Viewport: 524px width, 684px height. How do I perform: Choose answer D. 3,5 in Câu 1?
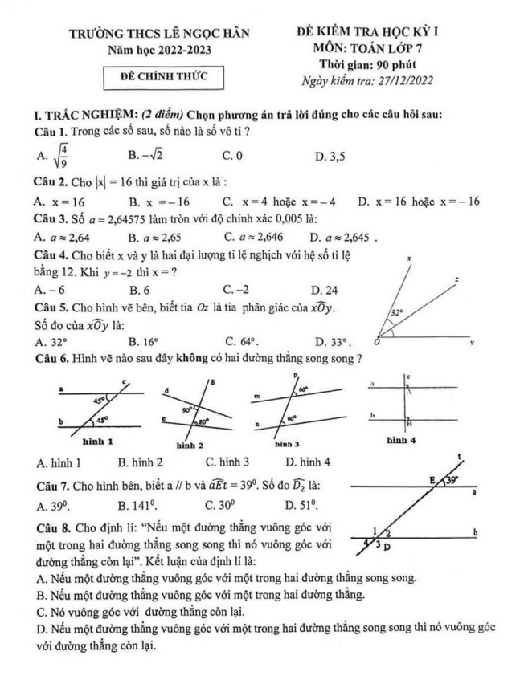tap(330, 157)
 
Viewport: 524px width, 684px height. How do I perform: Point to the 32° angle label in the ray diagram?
tap(397, 311)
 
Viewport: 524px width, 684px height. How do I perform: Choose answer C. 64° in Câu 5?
tap(242, 340)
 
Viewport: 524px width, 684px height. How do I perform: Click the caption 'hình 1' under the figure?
tap(98, 441)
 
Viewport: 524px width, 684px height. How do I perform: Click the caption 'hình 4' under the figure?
tap(401, 440)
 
